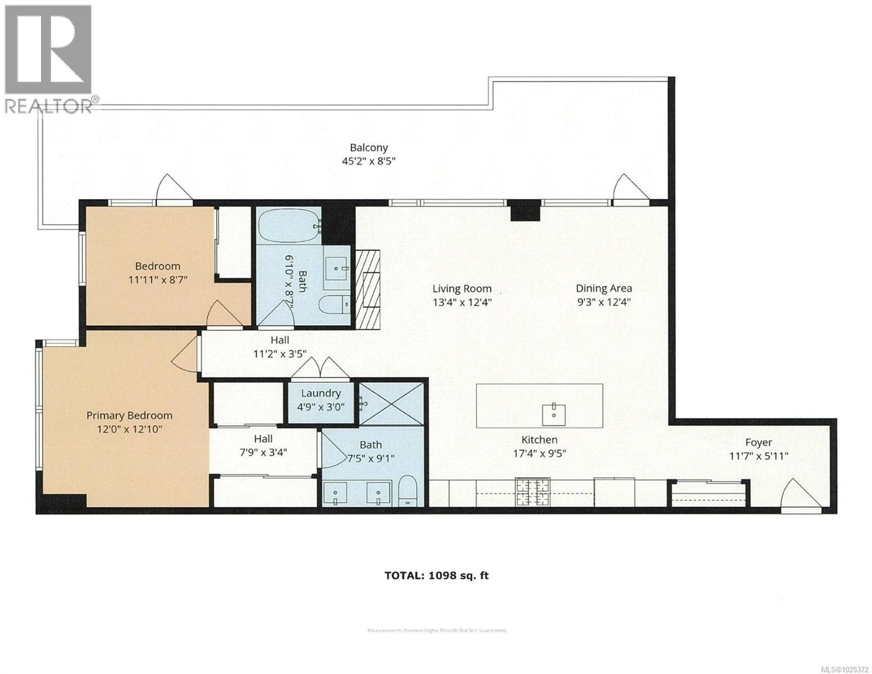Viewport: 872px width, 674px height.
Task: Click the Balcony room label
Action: [369, 148]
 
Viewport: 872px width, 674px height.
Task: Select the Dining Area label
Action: [603, 288]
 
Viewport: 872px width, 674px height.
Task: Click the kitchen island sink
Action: [555, 413]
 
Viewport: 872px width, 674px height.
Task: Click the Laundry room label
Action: [320, 393]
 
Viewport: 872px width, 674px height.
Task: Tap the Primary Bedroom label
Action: [129, 416]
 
